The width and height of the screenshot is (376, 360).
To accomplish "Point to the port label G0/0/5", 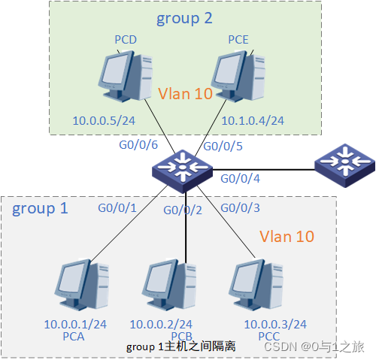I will point(223,147).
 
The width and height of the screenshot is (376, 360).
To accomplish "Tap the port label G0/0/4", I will point(239,179).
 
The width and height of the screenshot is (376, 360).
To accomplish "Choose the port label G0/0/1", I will point(117,207).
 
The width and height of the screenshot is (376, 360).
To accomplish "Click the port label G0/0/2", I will point(183,210).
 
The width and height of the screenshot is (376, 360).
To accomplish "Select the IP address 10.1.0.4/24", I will point(252,120).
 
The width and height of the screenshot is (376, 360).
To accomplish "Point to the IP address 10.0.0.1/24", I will point(75,325).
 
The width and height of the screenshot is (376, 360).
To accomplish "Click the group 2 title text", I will point(184,18).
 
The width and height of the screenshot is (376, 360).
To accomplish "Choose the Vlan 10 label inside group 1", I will point(287,237).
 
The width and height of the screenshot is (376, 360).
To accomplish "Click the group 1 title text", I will point(40,208).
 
